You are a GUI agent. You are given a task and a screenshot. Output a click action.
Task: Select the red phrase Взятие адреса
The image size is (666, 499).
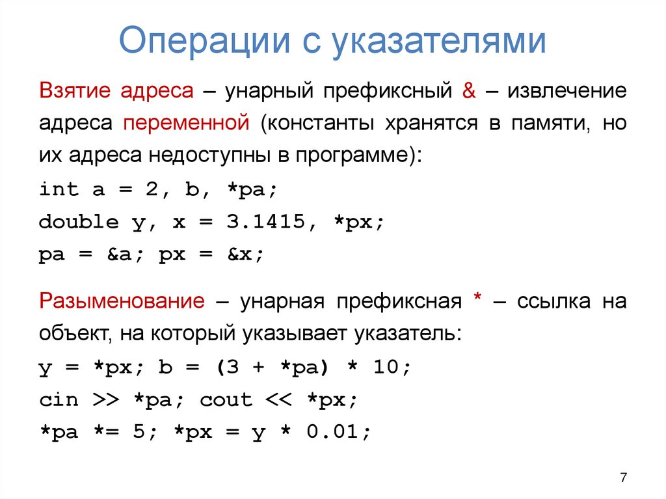[116, 90]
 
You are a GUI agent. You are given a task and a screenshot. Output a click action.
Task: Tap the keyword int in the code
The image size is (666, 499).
[59, 189]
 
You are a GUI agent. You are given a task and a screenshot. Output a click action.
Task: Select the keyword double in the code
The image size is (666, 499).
[79, 222]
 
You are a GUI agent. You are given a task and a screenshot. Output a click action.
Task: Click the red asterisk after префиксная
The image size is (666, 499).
[477, 301]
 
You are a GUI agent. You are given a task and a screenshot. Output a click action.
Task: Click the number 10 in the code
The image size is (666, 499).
[390, 368]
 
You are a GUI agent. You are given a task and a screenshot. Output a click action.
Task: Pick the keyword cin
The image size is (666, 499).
[59, 400]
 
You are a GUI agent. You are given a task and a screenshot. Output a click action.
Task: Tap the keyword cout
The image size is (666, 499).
[226, 400]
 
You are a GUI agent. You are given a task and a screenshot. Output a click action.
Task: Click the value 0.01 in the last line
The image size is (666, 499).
[338, 433]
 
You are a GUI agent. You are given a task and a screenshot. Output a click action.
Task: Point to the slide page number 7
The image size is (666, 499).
[623, 478]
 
